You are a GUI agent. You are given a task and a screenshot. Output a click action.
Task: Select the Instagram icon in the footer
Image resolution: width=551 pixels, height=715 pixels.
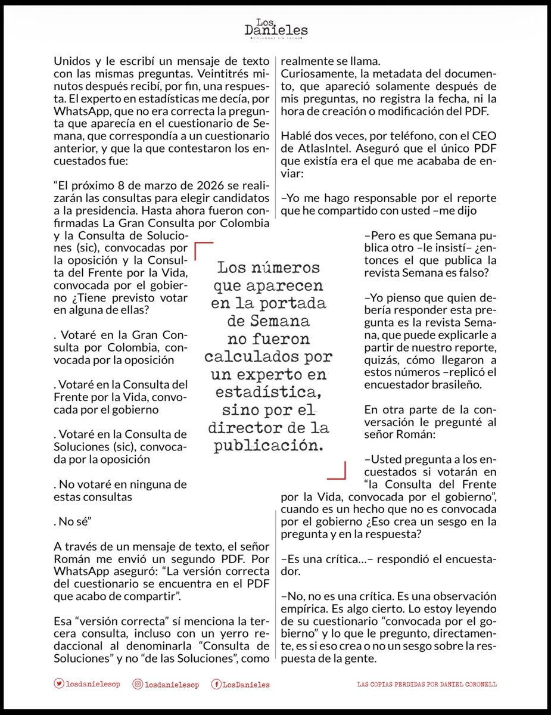click(x=139, y=685)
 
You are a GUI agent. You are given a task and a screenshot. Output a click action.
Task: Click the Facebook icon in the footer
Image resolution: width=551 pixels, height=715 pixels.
click(x=217, y=685)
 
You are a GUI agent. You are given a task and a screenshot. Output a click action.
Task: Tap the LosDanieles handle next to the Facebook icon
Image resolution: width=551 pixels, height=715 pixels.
click(x=247, y=685)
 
